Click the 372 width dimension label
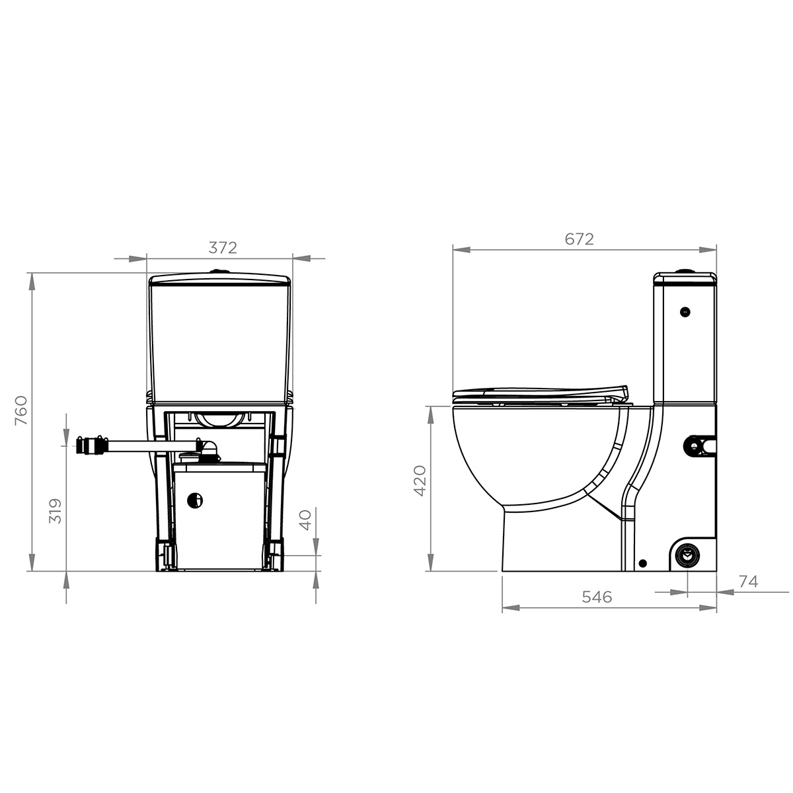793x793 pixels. (223, 248)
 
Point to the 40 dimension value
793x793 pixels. (305, 519)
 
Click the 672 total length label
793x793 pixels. (579, 239)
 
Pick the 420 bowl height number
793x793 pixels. (421, 480)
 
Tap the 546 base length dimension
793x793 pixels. (597, 597)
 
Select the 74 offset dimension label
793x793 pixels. (748, 582)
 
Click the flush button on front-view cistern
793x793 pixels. (219, 271)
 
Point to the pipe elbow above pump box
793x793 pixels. (208, 449)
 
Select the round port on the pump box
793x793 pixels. (195, 501)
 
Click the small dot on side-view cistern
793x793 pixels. (685, 311)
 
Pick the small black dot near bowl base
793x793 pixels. (642, 563)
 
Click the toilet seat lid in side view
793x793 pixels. (539, 393)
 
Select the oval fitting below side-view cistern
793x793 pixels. (699, 446)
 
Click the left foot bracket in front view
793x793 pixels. (165, 554)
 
